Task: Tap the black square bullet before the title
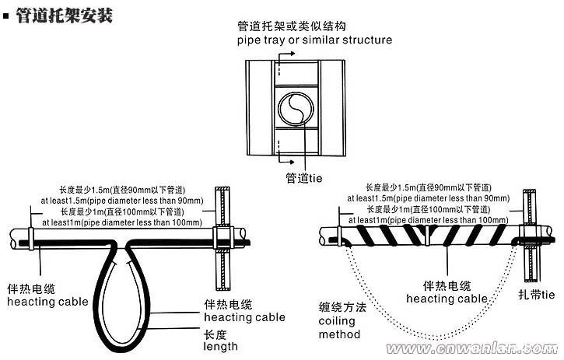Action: (8, 15)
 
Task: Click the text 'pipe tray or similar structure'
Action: (314, 40)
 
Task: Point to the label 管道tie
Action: (303, 178)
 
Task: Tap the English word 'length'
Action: (220, 346)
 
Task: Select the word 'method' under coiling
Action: (339, 334)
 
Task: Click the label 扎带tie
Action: (536, 295)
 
